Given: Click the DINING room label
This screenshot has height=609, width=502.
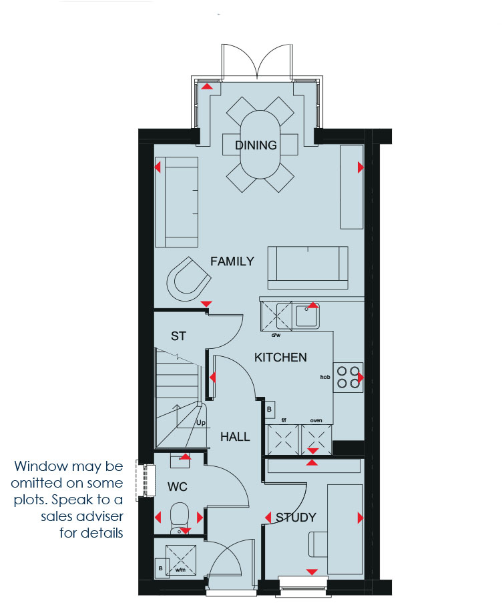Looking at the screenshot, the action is (x=256, y=145).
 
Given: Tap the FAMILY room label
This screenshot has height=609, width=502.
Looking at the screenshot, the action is (x=232, y=261).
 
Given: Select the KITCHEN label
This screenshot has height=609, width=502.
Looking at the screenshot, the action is (x=280, y=358).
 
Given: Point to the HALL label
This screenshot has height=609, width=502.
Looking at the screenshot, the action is (x=235, y=437).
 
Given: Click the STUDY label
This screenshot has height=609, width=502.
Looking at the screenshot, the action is (x=296, y=518).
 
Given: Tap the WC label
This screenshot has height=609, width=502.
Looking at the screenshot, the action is (x=178, y=487).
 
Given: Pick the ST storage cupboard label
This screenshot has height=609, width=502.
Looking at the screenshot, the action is (x=178, y=336).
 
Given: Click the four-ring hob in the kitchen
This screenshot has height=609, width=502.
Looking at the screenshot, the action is (x=348, y=378).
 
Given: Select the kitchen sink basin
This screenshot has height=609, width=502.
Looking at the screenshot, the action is (x=307, y=316).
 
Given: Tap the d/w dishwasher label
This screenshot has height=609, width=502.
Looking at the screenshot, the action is (x=276, y=335).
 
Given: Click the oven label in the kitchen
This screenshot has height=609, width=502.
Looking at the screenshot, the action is (x=316, y=420).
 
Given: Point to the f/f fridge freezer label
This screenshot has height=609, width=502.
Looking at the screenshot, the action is (x=284, y=420).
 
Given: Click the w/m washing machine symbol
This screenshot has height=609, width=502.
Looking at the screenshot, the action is (x=181, y=560).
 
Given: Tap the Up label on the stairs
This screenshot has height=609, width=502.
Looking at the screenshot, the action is (x=201, y=423).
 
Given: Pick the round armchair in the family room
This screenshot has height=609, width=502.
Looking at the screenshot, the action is (x=188, y=279).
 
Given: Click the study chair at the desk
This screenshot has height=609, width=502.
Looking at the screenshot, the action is (x=318, y=544).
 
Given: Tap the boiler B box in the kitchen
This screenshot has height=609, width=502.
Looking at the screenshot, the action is (x=270, y=410).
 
